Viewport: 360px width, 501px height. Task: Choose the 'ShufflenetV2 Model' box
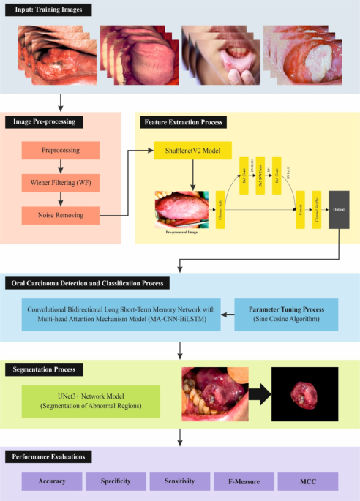click(192, 151)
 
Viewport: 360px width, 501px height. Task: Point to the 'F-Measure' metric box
click(244, 481)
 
